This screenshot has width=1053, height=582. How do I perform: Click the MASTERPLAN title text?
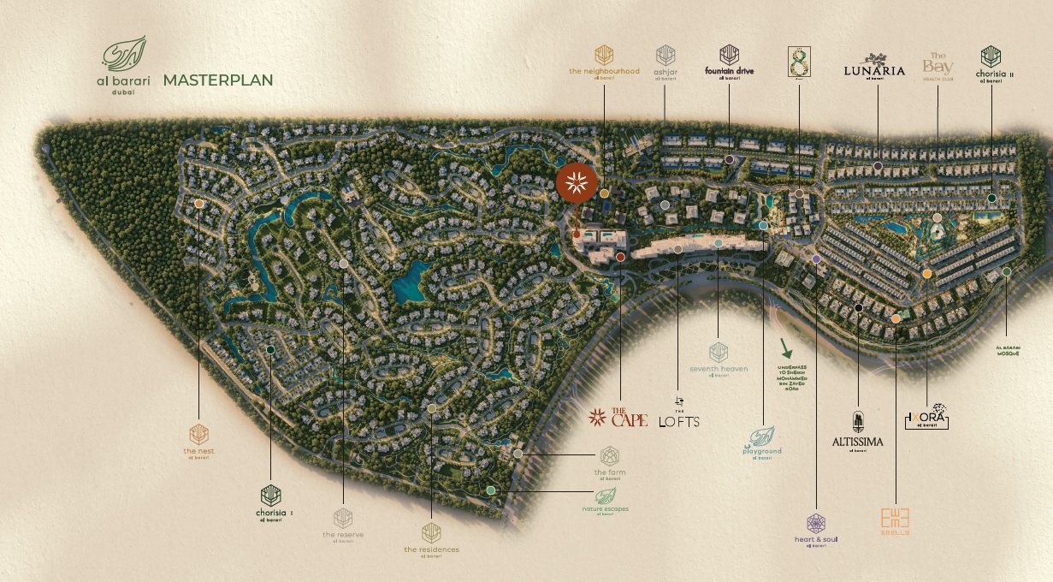coord(217,80)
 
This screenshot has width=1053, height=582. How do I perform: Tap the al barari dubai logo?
coord(124,66)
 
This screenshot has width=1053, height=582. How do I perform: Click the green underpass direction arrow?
coord(785,347)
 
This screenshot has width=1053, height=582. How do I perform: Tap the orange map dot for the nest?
coord(199,204)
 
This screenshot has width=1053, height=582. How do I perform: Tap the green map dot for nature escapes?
coord(490,490)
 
